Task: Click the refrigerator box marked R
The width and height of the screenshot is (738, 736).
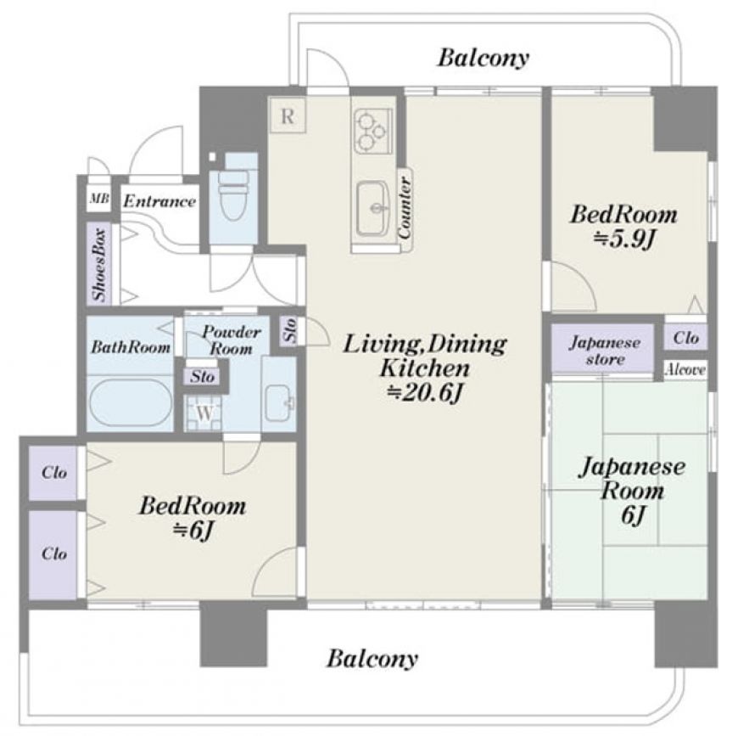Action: point(288,115)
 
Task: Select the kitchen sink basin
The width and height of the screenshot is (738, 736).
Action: point(372,208)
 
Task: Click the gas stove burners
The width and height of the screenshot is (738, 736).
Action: point(372,131)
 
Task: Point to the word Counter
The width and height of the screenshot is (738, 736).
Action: point(405,208)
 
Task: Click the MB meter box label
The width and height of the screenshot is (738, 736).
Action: point(99,199)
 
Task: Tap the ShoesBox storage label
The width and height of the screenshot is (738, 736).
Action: point(100,265)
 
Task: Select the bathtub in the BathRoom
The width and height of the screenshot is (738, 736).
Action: point(131,402)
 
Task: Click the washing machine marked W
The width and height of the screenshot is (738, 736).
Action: point(204,414)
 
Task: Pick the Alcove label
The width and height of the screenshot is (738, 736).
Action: point(685,369)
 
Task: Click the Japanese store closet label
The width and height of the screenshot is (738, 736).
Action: point(604,351)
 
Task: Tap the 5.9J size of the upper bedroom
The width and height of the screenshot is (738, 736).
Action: point(624,240)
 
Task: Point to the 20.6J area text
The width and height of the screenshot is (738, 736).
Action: point(424,394)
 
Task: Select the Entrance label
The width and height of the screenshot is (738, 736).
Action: point(159,201)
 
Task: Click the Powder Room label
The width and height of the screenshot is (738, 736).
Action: point(231,340)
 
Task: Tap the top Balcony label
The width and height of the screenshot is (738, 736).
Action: point(484,58)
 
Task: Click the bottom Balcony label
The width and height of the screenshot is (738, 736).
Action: point(372,658)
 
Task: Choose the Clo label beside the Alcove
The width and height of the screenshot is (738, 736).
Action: point(685,338)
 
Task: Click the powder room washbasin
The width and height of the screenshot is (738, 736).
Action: point(278,403)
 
